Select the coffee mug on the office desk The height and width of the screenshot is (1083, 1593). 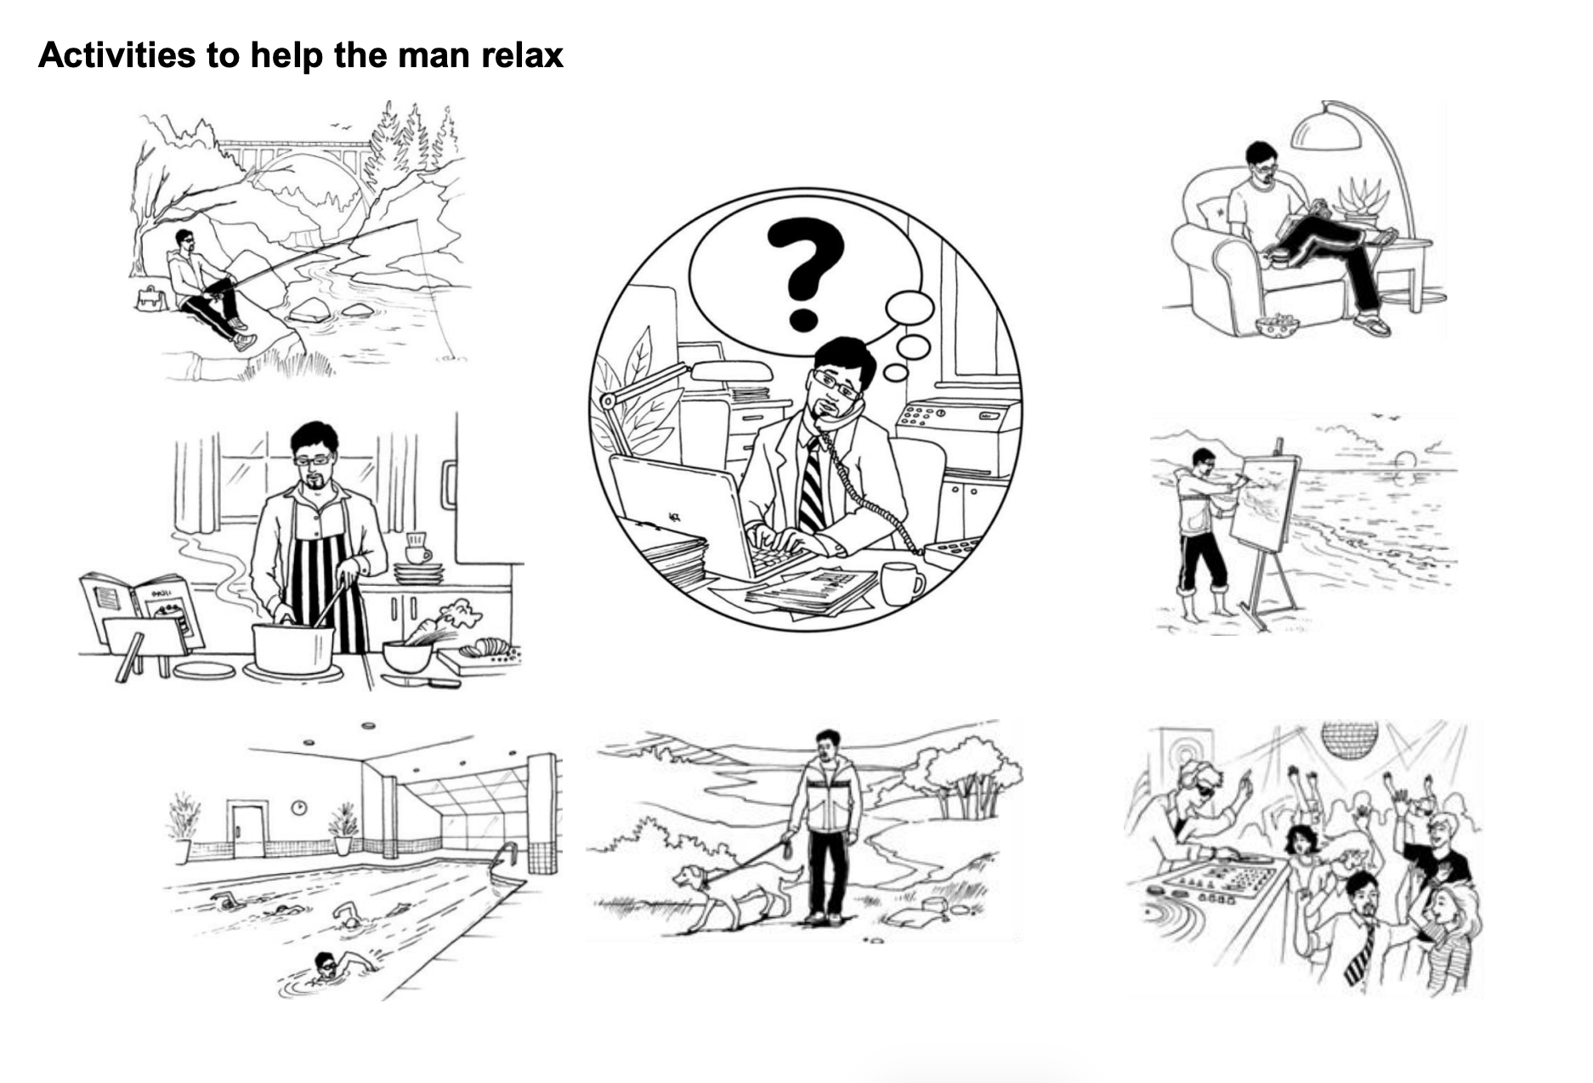(x=902, y=583)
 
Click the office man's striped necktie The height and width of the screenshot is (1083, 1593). (x=811, y=485)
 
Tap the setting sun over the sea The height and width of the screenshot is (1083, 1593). (x=1405, y=462)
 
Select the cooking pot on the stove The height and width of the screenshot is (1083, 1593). (x=293, y=648)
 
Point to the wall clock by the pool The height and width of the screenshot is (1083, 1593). (x=299, y=807)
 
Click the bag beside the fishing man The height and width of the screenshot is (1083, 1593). (x=150, y=298)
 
